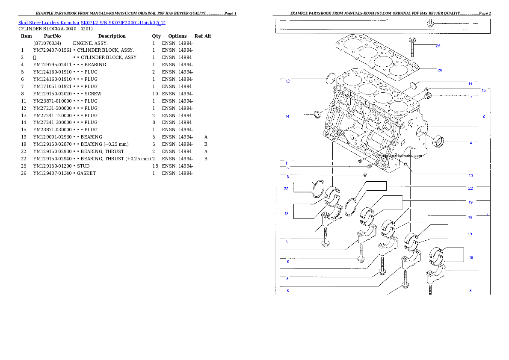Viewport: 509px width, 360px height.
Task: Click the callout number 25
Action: point(438,46)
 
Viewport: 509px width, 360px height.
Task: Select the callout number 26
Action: point(439,70)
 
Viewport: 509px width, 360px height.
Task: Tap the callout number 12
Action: point(287,81)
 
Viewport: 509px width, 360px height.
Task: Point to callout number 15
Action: point(484,91)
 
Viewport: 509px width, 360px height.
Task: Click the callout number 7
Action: point(471,97)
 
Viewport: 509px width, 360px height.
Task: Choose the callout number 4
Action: point(471,143)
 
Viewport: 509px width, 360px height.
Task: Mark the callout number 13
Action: point(471,175)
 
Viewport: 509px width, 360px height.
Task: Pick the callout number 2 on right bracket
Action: point(484,116)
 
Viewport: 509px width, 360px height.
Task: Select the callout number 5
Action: point(287,168)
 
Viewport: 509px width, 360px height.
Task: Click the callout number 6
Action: point(287,176)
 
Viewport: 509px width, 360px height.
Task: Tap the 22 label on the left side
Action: point(286,189)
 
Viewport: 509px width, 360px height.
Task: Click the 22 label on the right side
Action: point(470,189)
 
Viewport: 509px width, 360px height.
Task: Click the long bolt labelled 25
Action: point(412,47)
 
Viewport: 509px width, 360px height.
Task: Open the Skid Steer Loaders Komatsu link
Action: point(92,22)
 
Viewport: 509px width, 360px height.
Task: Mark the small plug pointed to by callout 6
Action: point(365,174)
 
